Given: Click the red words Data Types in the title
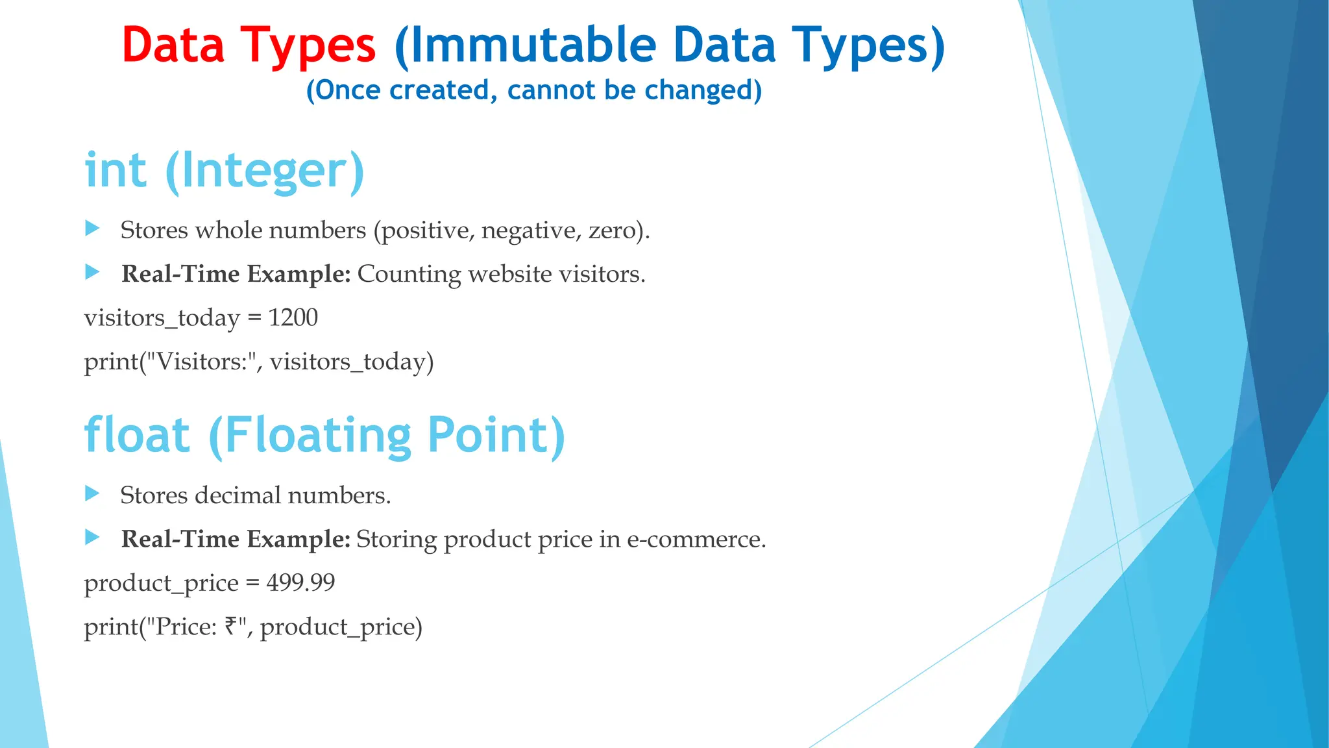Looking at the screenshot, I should (249, 45).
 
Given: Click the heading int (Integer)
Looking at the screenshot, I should (225, 170).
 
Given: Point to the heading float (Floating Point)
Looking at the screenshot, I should (324, 435).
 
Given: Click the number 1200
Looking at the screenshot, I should (293, 318).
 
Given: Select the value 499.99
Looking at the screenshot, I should (300, 582).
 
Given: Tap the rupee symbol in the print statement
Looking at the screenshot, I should (231, 626).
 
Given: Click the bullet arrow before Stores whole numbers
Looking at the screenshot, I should (92, 229).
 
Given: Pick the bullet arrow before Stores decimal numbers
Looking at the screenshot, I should (92, 494).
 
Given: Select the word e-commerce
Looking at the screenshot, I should (695, 540).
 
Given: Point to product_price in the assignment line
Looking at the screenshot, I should (162, 583).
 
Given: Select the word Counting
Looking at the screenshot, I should (409, 274).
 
